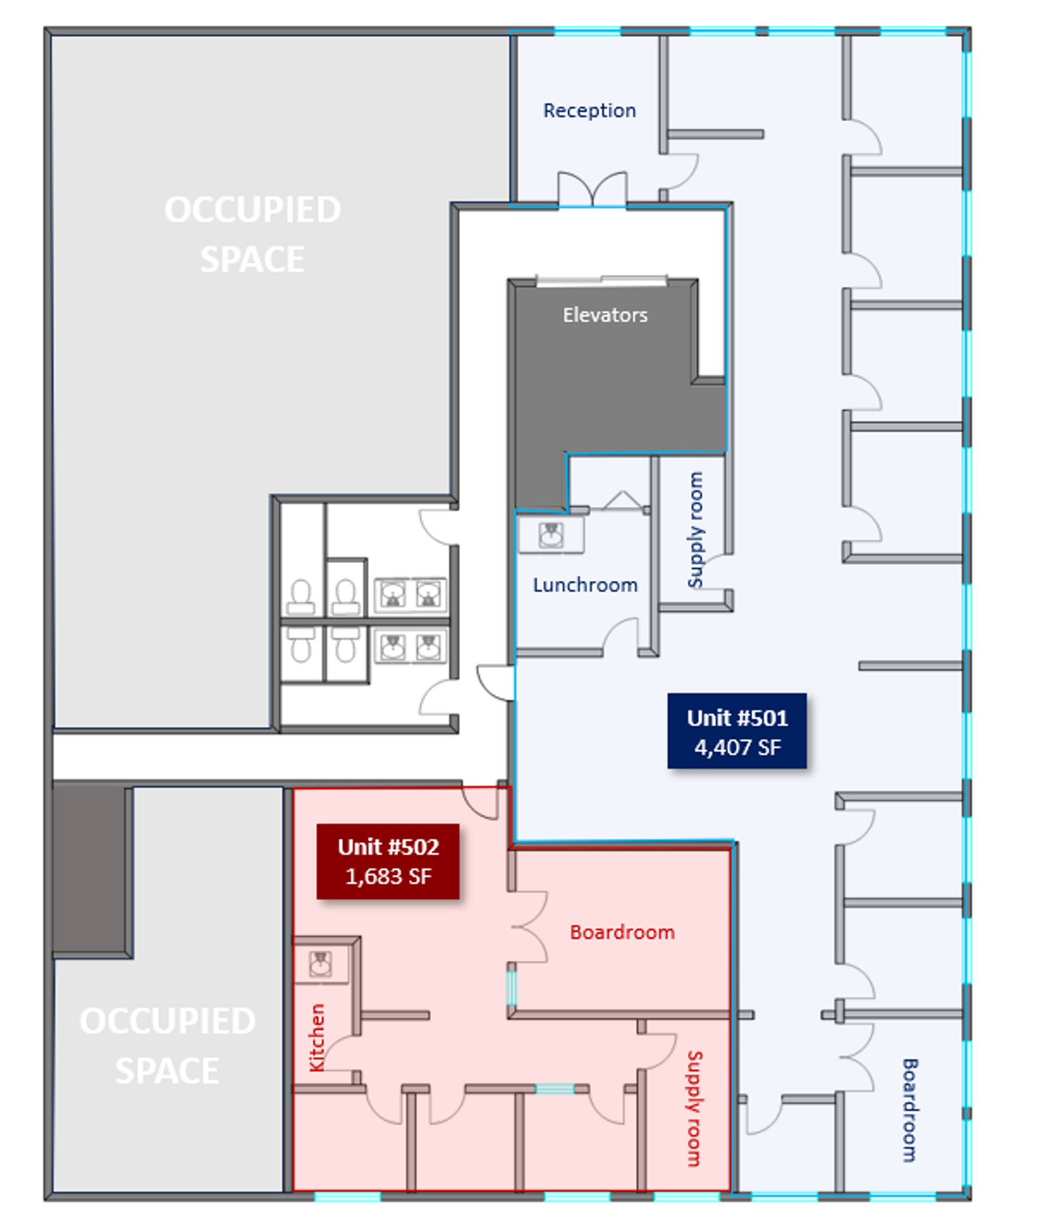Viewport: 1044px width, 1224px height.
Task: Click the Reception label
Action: (x=589, y=111)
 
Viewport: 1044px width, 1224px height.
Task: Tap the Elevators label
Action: (x=605, y=315)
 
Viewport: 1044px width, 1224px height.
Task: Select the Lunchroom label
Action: (x=585, y=585)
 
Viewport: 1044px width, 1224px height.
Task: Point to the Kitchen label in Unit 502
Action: (x=317, y=1037)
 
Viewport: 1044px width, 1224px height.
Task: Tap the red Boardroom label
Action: (x=621, y=932)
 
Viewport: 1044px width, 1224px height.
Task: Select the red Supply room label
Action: (x=694, y=1108)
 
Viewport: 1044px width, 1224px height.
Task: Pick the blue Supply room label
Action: (x=695, y=530)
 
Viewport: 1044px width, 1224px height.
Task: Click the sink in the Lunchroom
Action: (x=550, y=535)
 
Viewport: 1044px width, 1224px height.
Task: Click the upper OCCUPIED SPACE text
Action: (x=252, y=234)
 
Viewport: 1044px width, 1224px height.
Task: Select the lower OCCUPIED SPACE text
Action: (x=167, y=1045)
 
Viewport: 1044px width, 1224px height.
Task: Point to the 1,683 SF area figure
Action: (x=387, y=876)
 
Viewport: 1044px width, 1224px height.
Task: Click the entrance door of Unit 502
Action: (x=480, y=802)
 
